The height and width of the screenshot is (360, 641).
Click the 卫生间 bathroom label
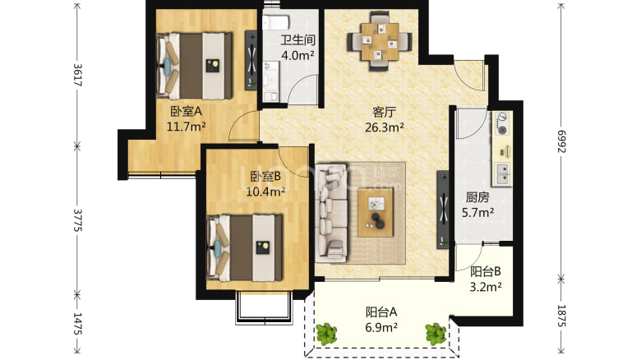click(x=297, y=40)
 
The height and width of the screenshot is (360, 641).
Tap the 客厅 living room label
click(x=385, y=112)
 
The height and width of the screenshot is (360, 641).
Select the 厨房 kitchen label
click(x=477, y=197)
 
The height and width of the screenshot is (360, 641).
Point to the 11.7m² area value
click(x=186, y=127)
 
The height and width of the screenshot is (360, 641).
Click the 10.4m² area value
click(x=265, y=192)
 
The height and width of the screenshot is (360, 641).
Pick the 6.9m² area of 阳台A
click(x=381, y=327)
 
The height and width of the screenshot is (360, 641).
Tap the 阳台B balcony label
click(x=485, y=271)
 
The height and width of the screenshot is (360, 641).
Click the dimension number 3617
click(x=77, y=75)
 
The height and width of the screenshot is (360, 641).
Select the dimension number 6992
click(x=561, y=141)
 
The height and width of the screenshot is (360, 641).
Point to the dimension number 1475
click(x=77, y=324)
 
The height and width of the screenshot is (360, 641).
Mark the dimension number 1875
click(x=561, y=316)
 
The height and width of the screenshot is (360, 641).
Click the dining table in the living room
click(x=380, y=41)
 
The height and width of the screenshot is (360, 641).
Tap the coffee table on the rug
click(x=376, y=213)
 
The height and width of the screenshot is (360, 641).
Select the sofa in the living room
click(x=331, y=213)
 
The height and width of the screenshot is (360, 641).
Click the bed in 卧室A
click(x=194, y=66)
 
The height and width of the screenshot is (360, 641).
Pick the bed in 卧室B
click(x=244, y=248)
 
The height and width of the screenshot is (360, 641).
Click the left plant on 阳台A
click(x=326, y=334)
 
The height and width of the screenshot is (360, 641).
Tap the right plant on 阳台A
click(x=435, y=334)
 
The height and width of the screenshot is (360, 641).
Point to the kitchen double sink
click(x=502, y=173)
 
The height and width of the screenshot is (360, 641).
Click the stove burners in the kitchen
click(x=501, y=124)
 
